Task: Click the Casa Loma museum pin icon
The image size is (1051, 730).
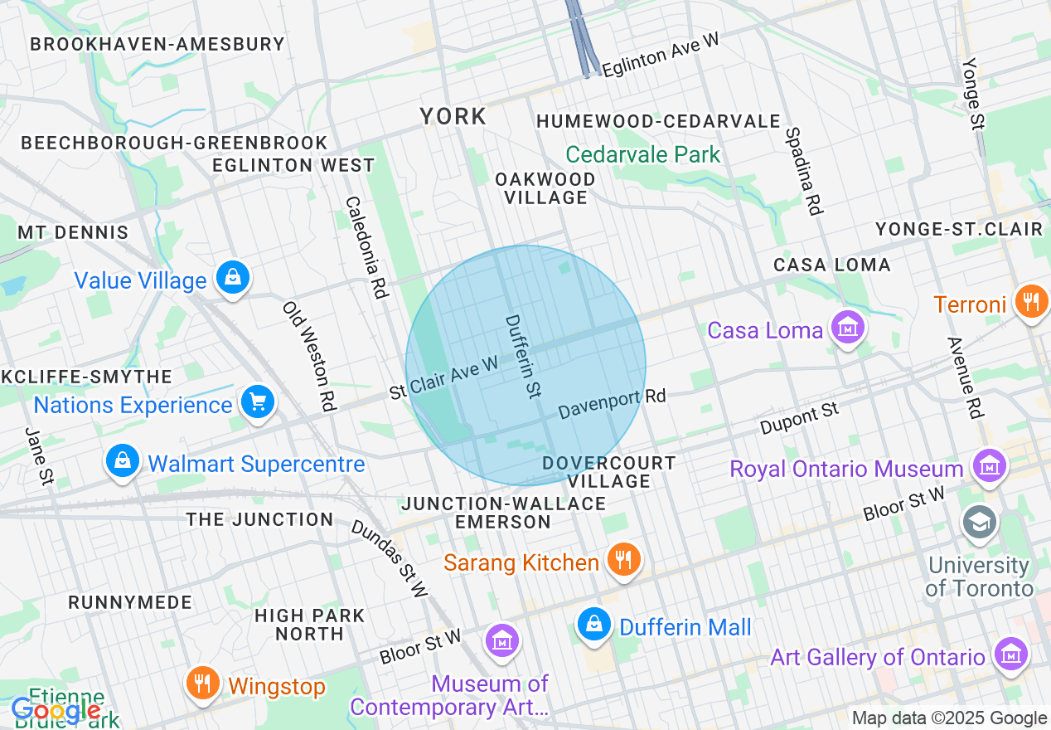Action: (847, 328)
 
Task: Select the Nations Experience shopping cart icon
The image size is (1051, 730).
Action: (257, 403)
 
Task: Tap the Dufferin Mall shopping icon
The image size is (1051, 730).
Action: (593, 625)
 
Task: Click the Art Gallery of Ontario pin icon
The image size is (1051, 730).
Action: (1011, 655)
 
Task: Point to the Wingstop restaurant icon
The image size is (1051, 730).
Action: (202, 685)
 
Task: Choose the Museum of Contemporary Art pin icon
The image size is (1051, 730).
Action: (502, 641)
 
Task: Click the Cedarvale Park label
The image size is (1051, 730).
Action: (643, 155)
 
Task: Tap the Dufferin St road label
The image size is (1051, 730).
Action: (523, 356)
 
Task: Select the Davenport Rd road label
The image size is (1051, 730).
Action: (612, 404)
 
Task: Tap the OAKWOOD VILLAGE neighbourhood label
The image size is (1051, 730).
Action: (545, 189)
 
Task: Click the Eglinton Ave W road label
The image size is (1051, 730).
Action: (660, 56)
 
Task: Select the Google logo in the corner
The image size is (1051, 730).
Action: (56, 711)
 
